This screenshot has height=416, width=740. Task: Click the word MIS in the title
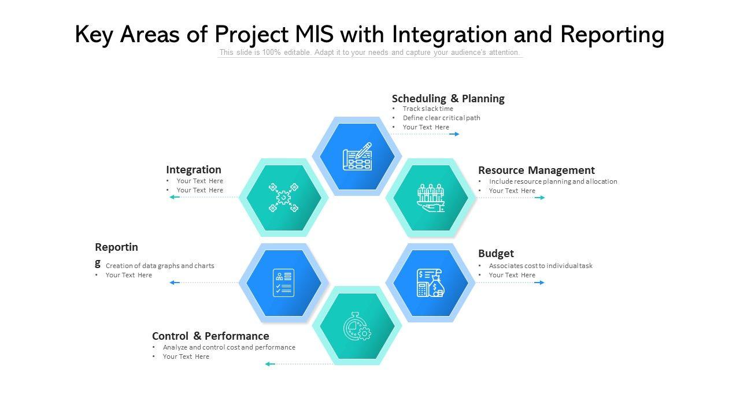(314, 35)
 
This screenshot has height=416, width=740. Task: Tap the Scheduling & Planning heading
(448, 98)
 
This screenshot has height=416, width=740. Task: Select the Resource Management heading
(536, 170)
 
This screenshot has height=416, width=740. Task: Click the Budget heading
(495, 253)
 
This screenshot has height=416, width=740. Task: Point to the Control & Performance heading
(210, 336)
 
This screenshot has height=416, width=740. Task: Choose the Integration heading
(194, 169)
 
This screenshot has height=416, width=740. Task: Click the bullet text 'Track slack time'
(428, 109)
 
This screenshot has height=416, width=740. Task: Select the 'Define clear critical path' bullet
(441, 118)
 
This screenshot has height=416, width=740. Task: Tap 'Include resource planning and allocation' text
(553, 181)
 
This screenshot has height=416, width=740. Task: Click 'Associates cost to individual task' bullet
(541, 266)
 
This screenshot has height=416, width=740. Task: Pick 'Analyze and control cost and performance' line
(229, 347)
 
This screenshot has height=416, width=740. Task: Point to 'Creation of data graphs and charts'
(160, 266)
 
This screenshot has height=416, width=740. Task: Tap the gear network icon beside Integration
(283, 198)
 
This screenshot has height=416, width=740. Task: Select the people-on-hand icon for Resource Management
(431, 198)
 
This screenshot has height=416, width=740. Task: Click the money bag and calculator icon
(431, 283)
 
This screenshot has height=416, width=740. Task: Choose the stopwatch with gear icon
(357, 326)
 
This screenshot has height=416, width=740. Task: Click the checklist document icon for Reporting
(283, 283)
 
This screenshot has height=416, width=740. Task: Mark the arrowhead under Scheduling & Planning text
(456, 134)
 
